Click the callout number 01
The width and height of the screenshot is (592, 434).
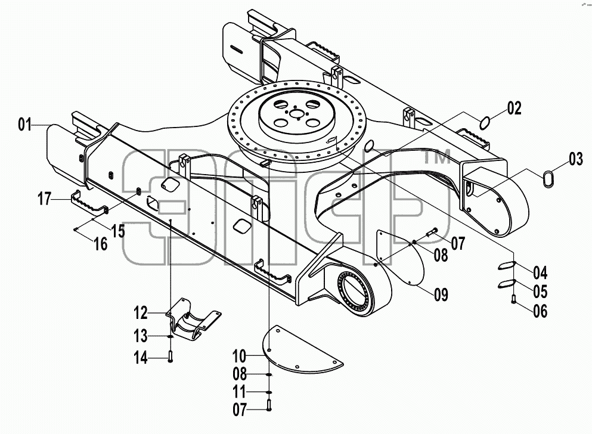point(25,124)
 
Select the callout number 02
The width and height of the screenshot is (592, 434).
point(514,108)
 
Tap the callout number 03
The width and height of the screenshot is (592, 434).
point(576,159)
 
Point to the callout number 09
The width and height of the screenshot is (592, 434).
point(441,294)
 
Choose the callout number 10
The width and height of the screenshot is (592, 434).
point(240,355)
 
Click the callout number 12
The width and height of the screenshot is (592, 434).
point(141,313)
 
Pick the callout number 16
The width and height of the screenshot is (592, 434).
point(101,244)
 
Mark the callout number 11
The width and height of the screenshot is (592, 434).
point(240,392)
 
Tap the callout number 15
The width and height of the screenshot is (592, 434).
point(118,231)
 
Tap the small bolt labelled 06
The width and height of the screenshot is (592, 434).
point(513,299)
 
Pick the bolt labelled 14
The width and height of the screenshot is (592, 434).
point(171,356)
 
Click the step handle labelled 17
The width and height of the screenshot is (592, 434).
point(89,202)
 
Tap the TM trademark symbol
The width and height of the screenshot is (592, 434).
point(437,156)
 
